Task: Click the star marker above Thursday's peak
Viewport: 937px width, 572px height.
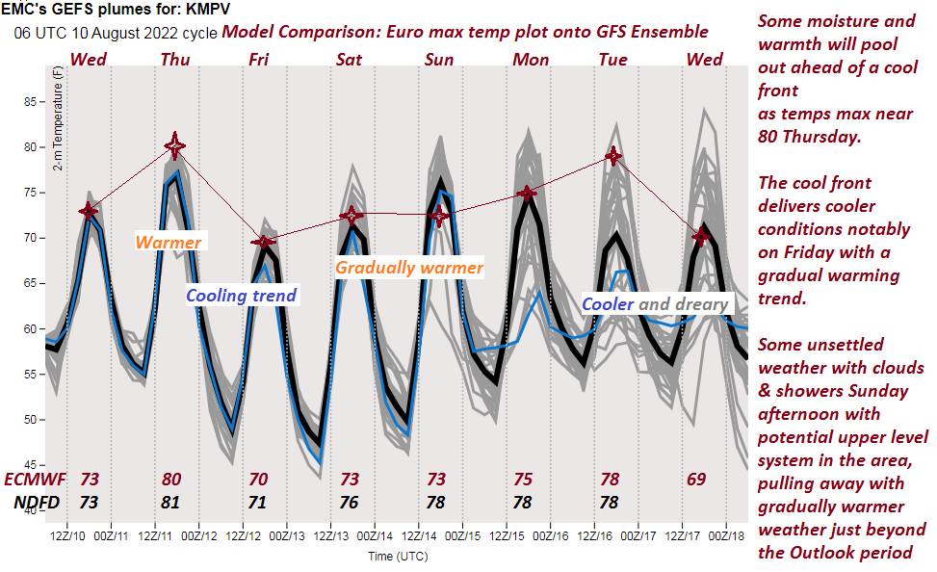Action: tap(174, 146)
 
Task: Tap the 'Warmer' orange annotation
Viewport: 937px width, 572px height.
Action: tap(169, 243)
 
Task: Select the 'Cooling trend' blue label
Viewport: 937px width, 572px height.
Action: tap(242, 295)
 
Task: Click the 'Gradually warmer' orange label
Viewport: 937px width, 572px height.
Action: tap(409, 267)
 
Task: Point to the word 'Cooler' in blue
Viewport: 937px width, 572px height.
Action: tap(608, 304)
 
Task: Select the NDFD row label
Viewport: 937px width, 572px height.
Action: tap(37, 502)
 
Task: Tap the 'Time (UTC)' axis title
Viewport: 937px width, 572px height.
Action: tap(398, 556)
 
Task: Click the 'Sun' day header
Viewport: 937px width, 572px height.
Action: tap(439, 60)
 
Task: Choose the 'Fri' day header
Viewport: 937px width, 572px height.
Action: tap(258, 60)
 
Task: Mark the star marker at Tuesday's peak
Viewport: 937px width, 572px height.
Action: tap(612, 155)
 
